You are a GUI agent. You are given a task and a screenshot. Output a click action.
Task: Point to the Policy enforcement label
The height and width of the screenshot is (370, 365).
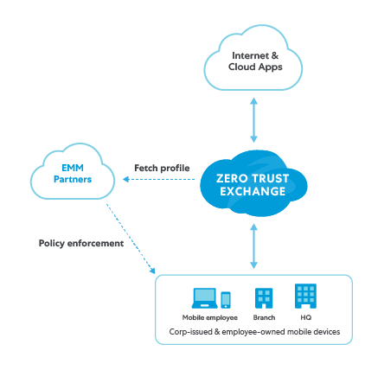(81, 243)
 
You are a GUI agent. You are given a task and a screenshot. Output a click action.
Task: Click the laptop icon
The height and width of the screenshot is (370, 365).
(204, 298)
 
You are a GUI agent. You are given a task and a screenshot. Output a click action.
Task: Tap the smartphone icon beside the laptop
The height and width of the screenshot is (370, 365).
(226, 300)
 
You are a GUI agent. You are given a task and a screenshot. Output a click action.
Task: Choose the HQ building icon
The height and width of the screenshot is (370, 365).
(304, 296)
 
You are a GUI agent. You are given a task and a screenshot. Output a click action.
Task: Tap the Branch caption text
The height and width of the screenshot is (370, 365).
(264, 317)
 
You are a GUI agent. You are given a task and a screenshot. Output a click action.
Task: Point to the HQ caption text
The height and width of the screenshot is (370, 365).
(304, 317)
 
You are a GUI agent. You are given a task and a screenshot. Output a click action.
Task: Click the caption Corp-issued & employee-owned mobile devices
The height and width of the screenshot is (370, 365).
(253, 331)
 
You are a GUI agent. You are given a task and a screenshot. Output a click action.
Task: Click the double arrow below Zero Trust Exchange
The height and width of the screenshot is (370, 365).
(253, 246)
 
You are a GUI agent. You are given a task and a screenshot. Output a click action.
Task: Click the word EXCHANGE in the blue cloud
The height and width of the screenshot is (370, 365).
(251, 191)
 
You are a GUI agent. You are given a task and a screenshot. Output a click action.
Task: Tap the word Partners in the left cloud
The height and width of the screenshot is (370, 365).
(73, 179)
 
